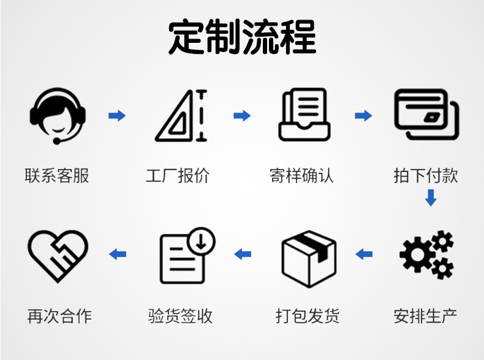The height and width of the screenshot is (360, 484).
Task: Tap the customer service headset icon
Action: coord(58,115)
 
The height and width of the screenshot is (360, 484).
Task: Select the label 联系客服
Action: coord(57,176)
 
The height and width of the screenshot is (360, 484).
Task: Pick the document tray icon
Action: coord(304,115)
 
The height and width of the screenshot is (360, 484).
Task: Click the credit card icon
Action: coord(426,115)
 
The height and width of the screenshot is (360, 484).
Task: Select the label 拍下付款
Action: coord(426,176)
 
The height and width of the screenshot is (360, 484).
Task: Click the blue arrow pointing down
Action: coord(431,198)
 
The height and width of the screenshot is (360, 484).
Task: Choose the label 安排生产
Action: coord(426,317)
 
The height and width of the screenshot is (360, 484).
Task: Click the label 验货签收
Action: coord(180,317)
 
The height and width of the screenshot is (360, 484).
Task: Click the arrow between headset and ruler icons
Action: coord(117,115)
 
